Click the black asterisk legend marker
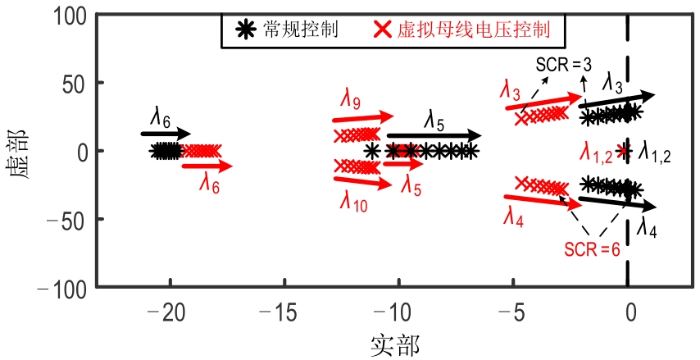point(246,30)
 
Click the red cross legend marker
point(382,30)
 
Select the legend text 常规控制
point(300,30)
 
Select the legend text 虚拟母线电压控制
point(473,30)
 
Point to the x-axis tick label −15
point(278,314)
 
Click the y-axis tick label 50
point(74,84)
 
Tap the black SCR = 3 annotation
point(563,66)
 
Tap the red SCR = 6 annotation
point(592,249)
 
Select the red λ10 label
point(353,203)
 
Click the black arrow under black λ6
point(166,133)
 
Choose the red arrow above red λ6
point(207,166)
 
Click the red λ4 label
point(513,218)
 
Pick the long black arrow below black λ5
point(434,135)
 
